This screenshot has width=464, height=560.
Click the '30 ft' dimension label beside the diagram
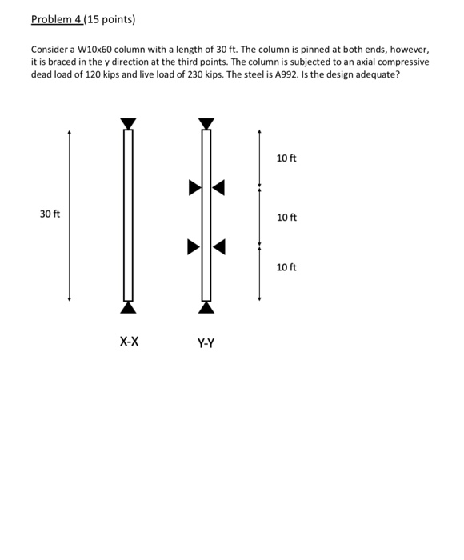click(50, 214)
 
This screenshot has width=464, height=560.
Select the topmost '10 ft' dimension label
click(286, 158)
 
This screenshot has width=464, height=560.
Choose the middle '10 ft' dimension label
click(286, 218)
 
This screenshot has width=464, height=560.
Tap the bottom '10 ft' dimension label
click(286, 267)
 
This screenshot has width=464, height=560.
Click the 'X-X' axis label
click(129, 342)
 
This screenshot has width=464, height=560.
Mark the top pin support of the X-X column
click(128, 123)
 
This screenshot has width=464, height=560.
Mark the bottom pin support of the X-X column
click(128, 307)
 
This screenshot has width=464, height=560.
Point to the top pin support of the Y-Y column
click(206, 123)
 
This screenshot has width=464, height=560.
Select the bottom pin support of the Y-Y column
click(206, 307)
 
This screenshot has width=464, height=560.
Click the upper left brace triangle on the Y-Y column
click(194, 188)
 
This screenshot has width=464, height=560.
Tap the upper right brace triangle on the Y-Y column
click(219, 188)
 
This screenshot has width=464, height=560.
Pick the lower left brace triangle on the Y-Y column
click(194, 247)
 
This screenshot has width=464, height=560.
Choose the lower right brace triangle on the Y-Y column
click(219, 247)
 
